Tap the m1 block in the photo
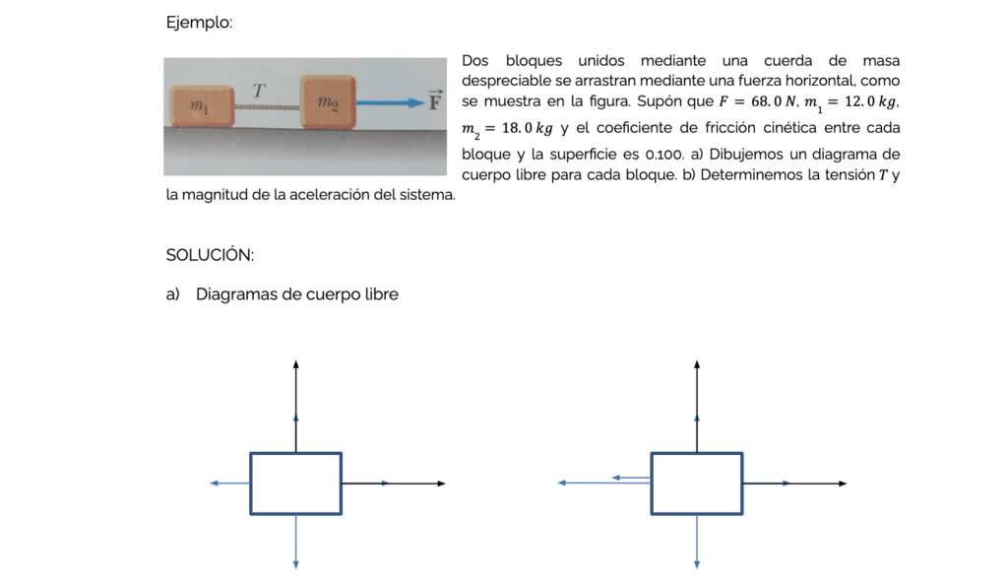pyautogui.click(x=201, y=105)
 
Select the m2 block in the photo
pyautogui.click(x=328, y=101)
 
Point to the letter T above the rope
pyautogui.click(x=259, y=91)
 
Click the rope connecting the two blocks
pyautogui.click(x=267, y=106)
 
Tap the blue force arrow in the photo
pyautogui.click(x=390, y=102)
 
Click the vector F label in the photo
pyautogui.click(x=435, y=100)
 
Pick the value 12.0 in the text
pyautogui.click(x=859, y=101)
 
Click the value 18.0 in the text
pyautogui.click(x=517, y=128)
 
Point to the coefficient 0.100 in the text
pyautogui.click(x=663, y=155)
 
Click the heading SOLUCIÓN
pyautogui.click(x=210, y=255)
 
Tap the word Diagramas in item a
pyautogui.click(x=236, y=294)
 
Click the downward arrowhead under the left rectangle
pyautogui.click(x=295, y=565)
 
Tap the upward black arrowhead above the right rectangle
pyautogui.click(x=697, y=364)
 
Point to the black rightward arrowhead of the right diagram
pyautogui.click(x=843, y=484)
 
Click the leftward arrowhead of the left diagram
pyautogui.click(x=215, y=484)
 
